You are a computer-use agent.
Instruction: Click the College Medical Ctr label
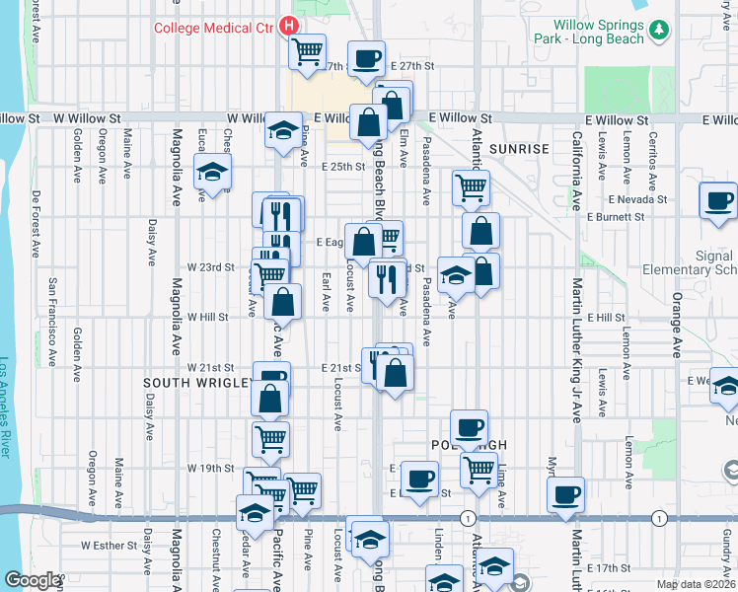212,27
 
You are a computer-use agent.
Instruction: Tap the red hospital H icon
289,26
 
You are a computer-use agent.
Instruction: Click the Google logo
33,580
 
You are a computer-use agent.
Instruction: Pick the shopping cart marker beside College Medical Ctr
307,48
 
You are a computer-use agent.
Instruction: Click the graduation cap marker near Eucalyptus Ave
212,172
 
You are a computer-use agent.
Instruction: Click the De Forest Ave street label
37,227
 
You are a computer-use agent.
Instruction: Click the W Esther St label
108,544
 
